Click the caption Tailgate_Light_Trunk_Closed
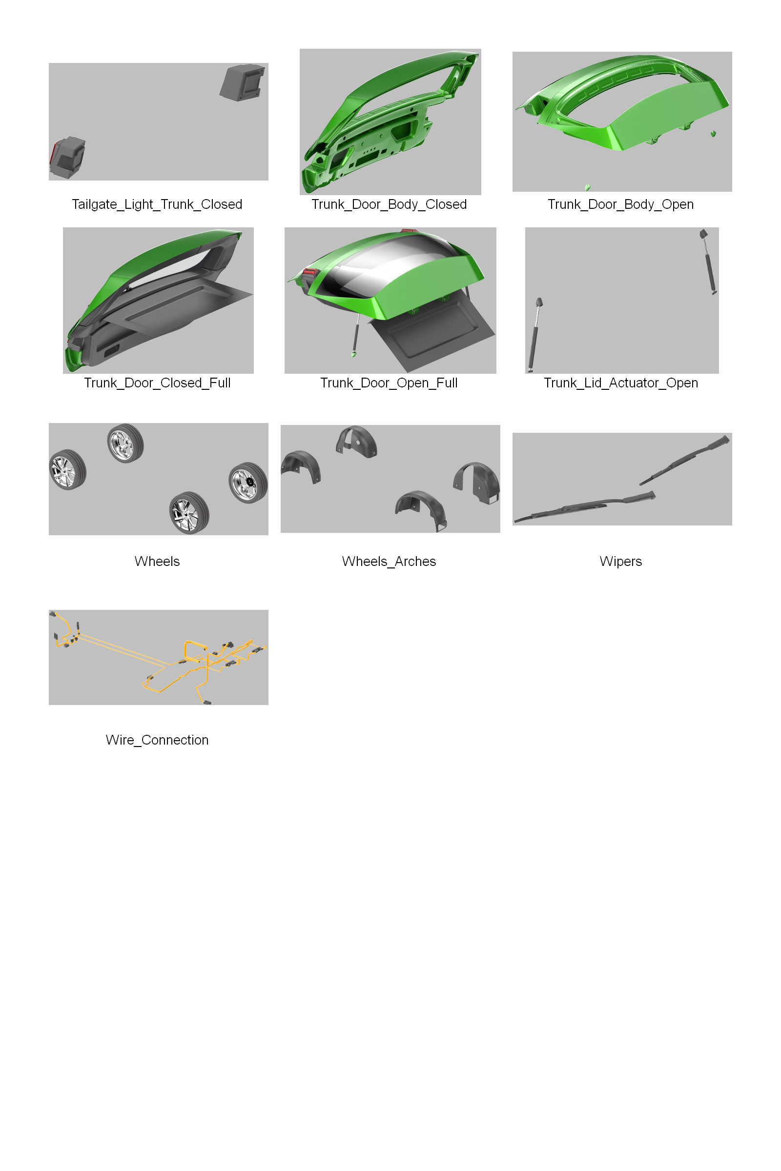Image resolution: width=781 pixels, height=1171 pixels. click(x=157, y=204)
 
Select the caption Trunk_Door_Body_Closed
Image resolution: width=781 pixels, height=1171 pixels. click(x=389, y=204)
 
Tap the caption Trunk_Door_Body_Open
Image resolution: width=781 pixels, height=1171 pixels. click(x=620, y=204)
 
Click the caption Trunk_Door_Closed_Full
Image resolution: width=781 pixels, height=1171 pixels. click(x=157, y=383)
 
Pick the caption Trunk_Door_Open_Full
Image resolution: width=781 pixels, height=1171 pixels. click(x=389, y=383)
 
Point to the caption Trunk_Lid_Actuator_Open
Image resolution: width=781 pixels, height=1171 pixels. click(x=620, y=383)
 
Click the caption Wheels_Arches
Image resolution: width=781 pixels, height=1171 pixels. click(x=389, y=562)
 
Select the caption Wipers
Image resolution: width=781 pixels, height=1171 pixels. click(x=620, y=562)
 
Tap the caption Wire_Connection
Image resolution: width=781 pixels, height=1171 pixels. click(x=157, y=740)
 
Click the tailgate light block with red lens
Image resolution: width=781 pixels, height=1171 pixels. click(x=68, y=157)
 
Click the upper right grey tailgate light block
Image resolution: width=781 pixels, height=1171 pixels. click(x=242, y=82)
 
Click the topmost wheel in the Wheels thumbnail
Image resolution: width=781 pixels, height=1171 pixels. click(x=125, y=443)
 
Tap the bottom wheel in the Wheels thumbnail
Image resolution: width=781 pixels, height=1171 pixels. click(x=189, y=513)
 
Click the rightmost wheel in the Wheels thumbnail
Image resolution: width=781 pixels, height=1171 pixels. click(x=247, y=483)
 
